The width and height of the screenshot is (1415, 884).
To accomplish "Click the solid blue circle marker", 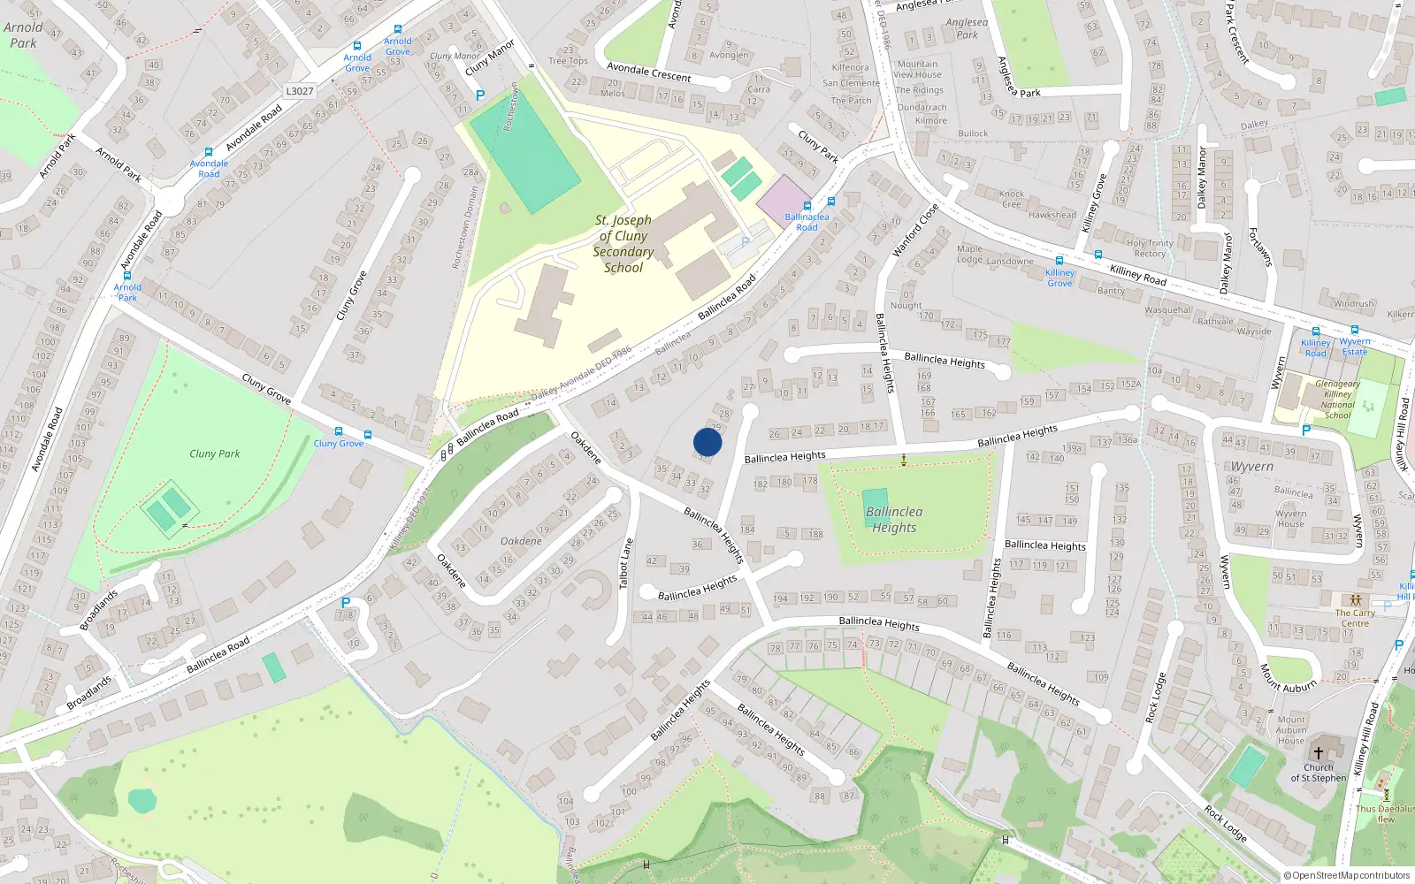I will pos(707,442).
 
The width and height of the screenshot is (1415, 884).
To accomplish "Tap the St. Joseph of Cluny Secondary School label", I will pos(623,244).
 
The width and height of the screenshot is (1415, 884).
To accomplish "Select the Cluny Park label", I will pos(215,453).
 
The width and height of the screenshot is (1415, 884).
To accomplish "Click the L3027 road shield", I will pos(300,91).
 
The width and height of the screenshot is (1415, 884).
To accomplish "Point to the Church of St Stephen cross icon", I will pos(1318,753).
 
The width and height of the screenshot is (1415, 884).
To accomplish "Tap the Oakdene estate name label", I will pos(521,541).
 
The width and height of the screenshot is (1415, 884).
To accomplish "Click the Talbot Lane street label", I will pos(626,564).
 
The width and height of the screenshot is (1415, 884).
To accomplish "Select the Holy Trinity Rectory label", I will pos(1150,248).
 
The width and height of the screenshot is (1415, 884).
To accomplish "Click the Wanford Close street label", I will pos(914,231).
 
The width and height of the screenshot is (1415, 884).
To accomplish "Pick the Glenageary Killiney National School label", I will pos(1337,400).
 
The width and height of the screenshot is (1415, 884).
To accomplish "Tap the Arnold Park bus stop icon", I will pos(127,276).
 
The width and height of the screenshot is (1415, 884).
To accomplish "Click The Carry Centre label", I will pos(1355,617).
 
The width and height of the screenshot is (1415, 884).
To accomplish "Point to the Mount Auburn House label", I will pos(1291,730).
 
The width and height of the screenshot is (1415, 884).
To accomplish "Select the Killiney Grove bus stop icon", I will pos(1059,262).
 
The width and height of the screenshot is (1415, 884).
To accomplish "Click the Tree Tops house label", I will pos(568,61).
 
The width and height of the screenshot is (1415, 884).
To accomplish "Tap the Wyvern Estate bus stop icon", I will pos(1354,331).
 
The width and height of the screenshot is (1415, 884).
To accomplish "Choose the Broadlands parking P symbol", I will pos(346,603).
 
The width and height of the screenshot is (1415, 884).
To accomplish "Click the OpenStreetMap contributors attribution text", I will pos(1347,875).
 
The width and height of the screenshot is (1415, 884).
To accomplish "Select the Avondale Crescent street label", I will pos(648,72).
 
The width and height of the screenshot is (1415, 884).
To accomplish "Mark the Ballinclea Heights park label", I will pos(894,520).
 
